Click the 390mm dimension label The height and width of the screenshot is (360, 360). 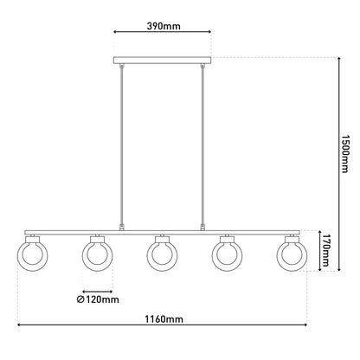[164, 26]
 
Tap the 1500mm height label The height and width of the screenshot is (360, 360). [344, 153]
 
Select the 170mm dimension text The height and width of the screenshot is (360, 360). [325, 250]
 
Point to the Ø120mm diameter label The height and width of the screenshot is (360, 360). [98, 299]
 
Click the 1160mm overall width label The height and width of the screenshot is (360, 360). [164, 319]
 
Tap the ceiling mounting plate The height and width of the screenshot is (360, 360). [162, 60]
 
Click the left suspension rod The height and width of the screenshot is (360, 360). [122, 147]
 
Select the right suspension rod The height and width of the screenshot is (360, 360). [202, 147]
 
